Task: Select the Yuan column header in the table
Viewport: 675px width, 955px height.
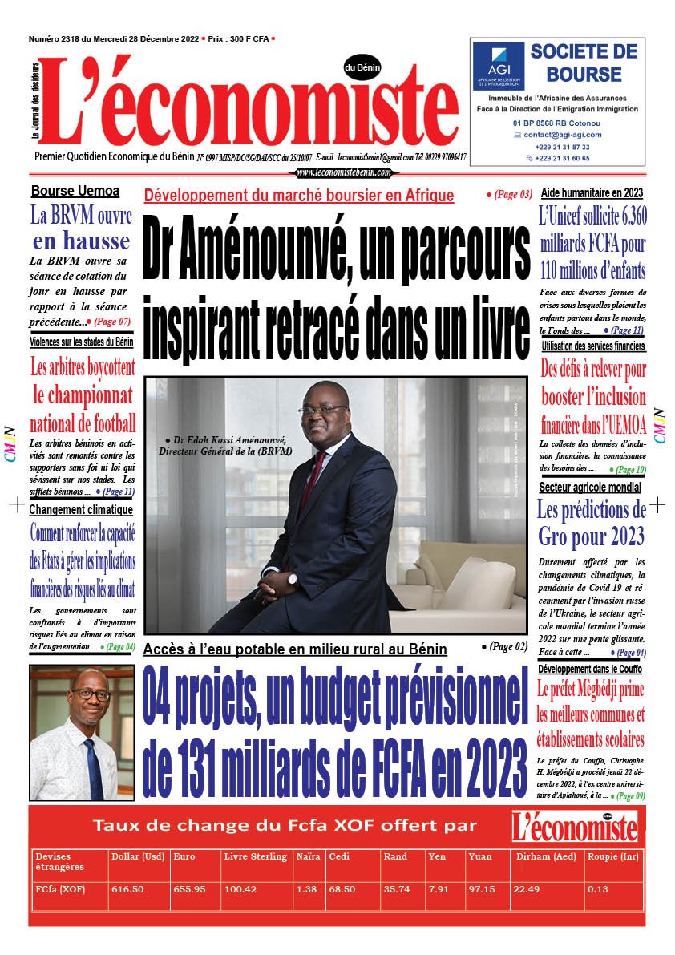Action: coord(480,856)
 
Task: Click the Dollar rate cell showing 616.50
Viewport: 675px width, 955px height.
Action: coord(127,889)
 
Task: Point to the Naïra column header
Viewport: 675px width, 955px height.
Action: coord(309,856)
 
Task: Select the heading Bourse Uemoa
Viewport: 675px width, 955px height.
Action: coord(75,191)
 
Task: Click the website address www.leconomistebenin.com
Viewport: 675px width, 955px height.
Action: coord(344,172)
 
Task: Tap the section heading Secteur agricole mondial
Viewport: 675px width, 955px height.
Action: coord(590,487)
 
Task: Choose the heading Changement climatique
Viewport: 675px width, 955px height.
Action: coord(81,509)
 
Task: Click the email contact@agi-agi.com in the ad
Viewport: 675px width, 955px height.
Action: coord(562,135)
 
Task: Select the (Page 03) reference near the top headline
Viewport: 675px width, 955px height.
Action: coord(509,195)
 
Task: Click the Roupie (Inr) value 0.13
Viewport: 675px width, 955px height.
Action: coord(597,889)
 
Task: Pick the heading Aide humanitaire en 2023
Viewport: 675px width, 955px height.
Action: coord(592,192)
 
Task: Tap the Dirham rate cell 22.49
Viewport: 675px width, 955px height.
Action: coord(527,889)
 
